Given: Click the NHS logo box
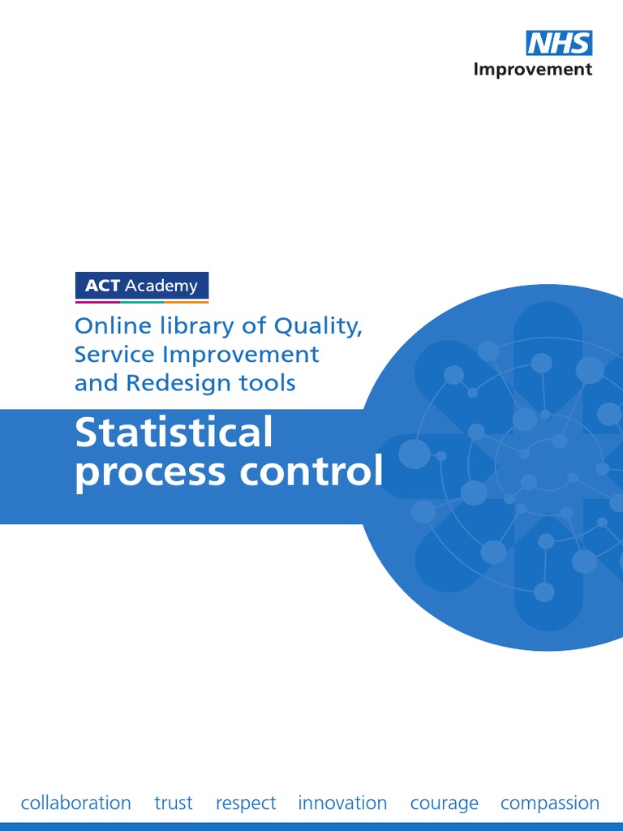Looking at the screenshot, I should [x=559, y=43].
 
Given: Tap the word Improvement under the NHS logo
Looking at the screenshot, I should [x=533, y=69].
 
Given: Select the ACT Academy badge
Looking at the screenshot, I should [x=142, y=286].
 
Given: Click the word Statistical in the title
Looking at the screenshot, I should [x=174, y=433].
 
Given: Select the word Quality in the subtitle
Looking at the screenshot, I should [x=317, y=327].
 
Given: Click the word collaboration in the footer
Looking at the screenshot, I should [x=75, y=803].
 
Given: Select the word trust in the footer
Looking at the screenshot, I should [x=174, y=803].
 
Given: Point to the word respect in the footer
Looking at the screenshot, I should [x=246, y=804].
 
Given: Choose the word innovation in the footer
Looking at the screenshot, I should [x=342, y=803].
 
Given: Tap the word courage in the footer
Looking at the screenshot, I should [x=445, y=804].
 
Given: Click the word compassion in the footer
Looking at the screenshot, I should [x=550, y=804].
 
